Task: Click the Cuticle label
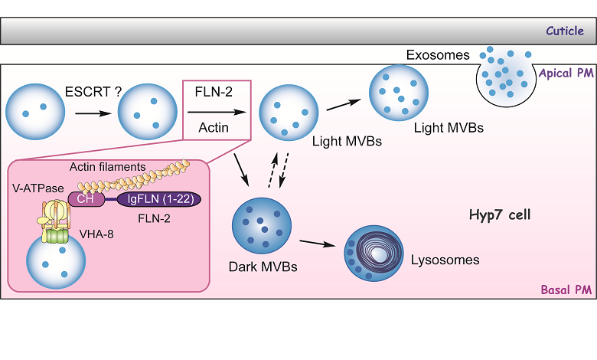click(565, 31)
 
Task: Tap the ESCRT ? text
click(91, 91)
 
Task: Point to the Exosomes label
click(437, 55)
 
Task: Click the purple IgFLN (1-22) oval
click(158, 199)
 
